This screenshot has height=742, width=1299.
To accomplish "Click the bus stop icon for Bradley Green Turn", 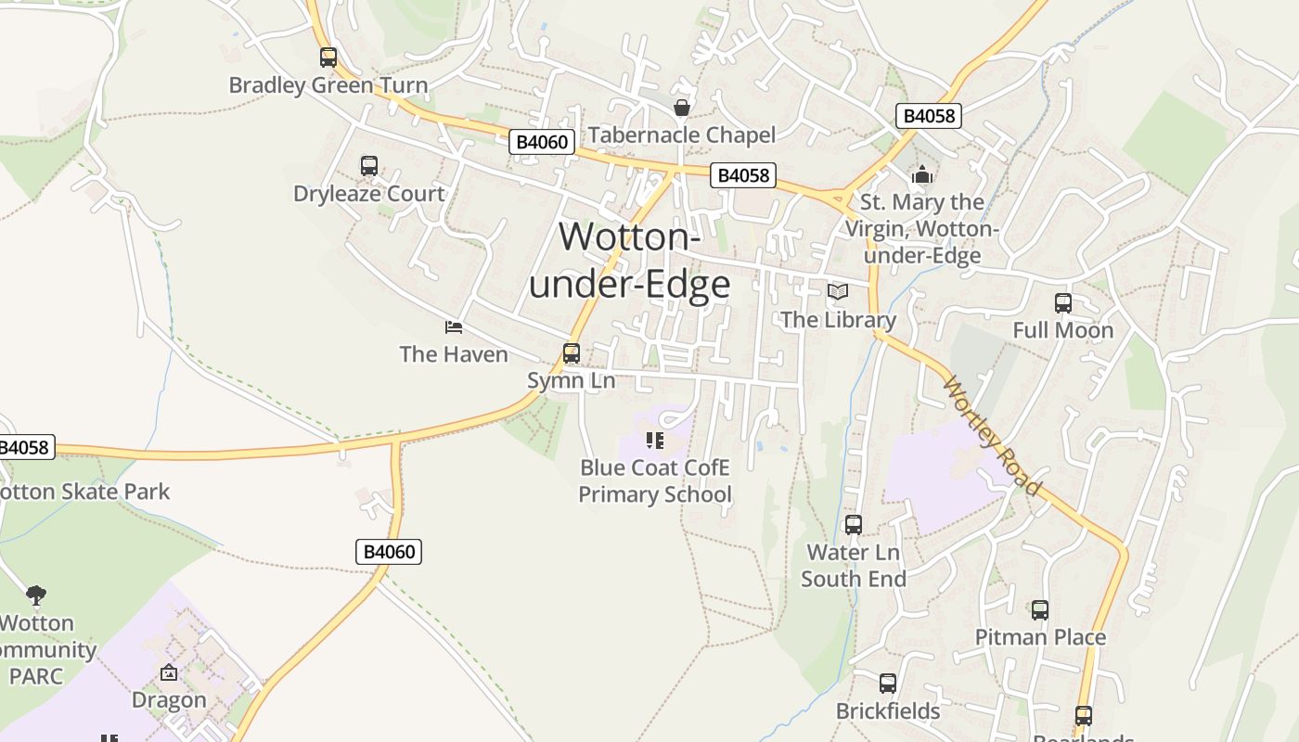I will coord(328,58).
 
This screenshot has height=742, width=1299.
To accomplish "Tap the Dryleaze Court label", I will coord(369,194).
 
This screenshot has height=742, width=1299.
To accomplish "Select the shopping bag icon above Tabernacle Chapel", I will coord(682,108).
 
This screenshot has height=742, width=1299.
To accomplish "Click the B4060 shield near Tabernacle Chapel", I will coord(543,142).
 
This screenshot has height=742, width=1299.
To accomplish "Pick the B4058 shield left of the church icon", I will coord(742,174).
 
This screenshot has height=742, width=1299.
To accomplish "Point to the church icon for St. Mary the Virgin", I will coord(921,174).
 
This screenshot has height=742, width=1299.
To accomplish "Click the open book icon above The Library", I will coord(838,292).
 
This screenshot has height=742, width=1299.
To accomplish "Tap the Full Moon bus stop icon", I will coord(1063,303).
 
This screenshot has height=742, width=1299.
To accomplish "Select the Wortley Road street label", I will coord(991,434).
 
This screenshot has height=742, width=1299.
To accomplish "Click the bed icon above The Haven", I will coord(454,326).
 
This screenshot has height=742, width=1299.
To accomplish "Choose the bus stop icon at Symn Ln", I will coord(572,353).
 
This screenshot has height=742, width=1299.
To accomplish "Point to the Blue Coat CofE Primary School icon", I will coord(655,440).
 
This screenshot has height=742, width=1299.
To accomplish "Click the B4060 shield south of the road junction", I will coord(389,552).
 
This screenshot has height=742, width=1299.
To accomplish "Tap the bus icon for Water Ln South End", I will coord(854,525).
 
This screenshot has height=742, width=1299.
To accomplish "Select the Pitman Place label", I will coord(1040,637).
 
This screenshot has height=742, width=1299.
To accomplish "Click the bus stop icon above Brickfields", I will coord(888,684).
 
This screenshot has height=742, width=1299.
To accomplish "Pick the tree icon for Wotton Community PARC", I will coord(36,595).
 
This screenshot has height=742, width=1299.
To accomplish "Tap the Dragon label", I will coord(169,699).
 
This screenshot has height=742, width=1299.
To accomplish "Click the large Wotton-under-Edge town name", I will coord(630,261).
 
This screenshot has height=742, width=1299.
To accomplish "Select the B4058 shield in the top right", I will coord(929,116).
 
